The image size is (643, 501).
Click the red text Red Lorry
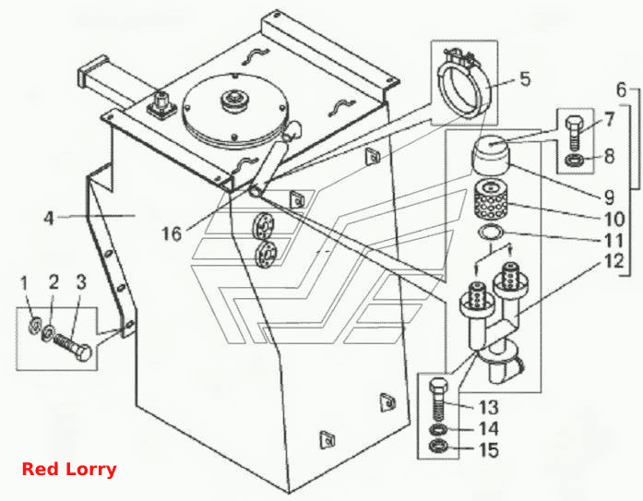[x=69, y=469]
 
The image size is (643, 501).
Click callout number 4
[x=49, y=218]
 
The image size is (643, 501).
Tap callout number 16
[x=172, y=233]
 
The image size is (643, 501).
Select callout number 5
[x=525, y=78]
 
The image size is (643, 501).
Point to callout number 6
[x=622, y=89]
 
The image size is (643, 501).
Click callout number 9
[x=610, y=197]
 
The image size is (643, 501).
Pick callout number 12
[x=613, y=261]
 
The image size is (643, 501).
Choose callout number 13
[x=489, y=408]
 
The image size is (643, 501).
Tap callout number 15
[x=489, y=449]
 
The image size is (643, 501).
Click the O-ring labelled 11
[x=492, y=233]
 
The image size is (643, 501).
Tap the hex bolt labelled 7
[x=574, y=132]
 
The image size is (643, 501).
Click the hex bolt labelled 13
[x=438, y=398]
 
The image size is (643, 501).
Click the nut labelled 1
[x=34, y=325]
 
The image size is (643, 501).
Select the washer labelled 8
[x=572, y=160]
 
